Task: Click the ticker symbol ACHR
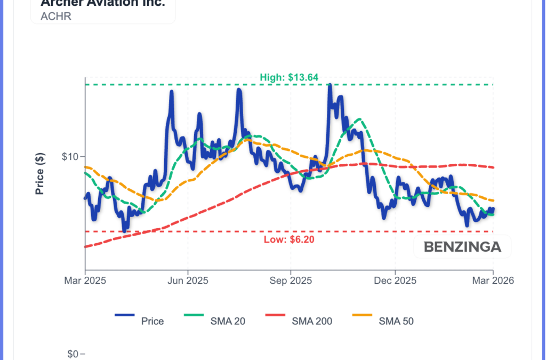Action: point(56,16)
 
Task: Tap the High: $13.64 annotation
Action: point(289,77)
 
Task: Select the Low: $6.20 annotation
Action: point(289,239)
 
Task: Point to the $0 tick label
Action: point(73,354)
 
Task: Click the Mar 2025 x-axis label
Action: point(85,281)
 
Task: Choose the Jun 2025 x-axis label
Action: point(188,281)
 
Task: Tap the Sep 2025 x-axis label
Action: point(291,281)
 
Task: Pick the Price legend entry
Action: point(152,321)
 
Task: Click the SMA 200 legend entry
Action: point(311,321)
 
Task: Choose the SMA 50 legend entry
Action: point(396,321)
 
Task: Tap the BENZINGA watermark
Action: point(462,247)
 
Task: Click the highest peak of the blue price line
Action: point(330,85)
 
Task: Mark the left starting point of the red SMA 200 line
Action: point(86,246)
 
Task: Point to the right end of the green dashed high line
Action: point(493,85)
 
